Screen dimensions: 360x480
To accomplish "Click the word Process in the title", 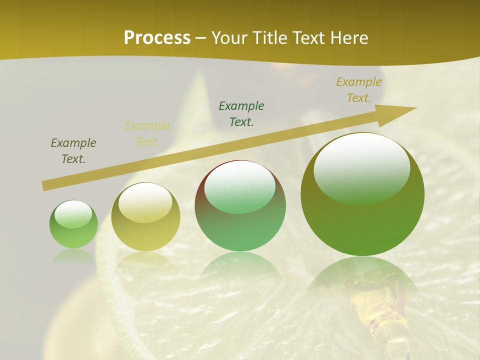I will pyautogui.click(x=157, y=38).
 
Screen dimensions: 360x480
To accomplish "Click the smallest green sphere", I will pyautogui.click(x=73, y=224).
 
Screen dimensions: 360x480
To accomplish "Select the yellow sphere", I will pyautogui.click(x=145, y=216).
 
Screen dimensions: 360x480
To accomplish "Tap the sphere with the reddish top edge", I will pyautogui.click(x=240, y=205).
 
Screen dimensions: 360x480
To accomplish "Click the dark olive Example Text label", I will pyautogui.click(x=73, y=151).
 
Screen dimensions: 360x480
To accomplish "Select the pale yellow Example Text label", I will pyautogui.click(x=147, y=134).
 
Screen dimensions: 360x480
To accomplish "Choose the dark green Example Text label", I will pyautogui.click(x=241, y=113).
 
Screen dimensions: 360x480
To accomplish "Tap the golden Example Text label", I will pyautogui.click(x=359, y=90).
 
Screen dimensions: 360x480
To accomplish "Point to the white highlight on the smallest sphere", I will pyautogui.click(x=73, y=214).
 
